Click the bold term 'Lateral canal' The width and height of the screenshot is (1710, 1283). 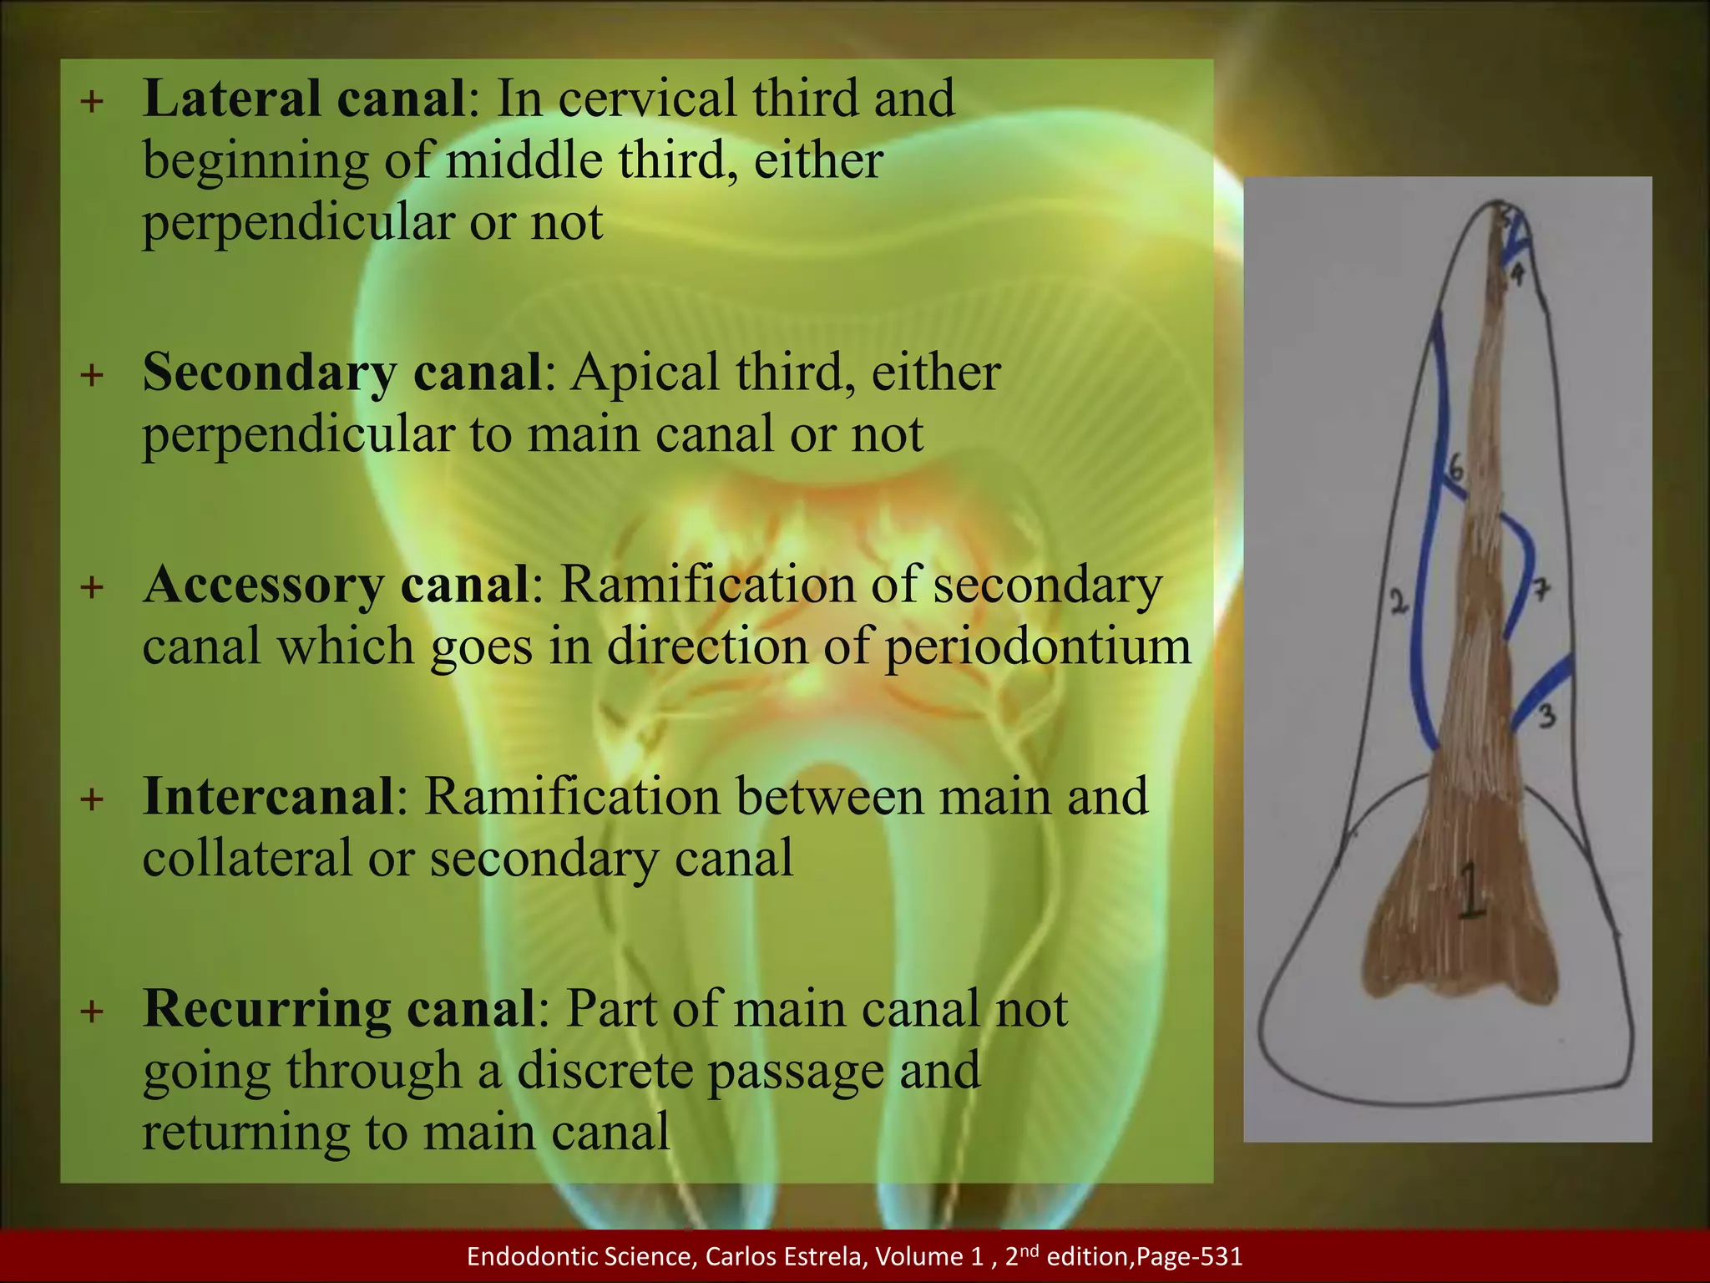[304, 99]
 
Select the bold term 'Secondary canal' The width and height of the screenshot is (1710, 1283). [342, 372]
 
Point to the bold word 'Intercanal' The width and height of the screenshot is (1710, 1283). [267, 796]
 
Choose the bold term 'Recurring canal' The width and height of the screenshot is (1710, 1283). [338, 1008]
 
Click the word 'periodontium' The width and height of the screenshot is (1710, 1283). [1038, 647]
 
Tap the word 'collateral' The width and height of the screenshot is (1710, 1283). [247, 859]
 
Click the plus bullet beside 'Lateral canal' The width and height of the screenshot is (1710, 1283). [93, 102]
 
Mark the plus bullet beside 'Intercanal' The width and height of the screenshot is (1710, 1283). [93, 799]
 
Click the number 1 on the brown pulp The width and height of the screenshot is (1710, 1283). [1471, 892]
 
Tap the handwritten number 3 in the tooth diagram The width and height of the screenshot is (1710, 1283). [1547, 716]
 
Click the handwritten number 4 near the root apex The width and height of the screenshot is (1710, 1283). [1517, 273]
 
